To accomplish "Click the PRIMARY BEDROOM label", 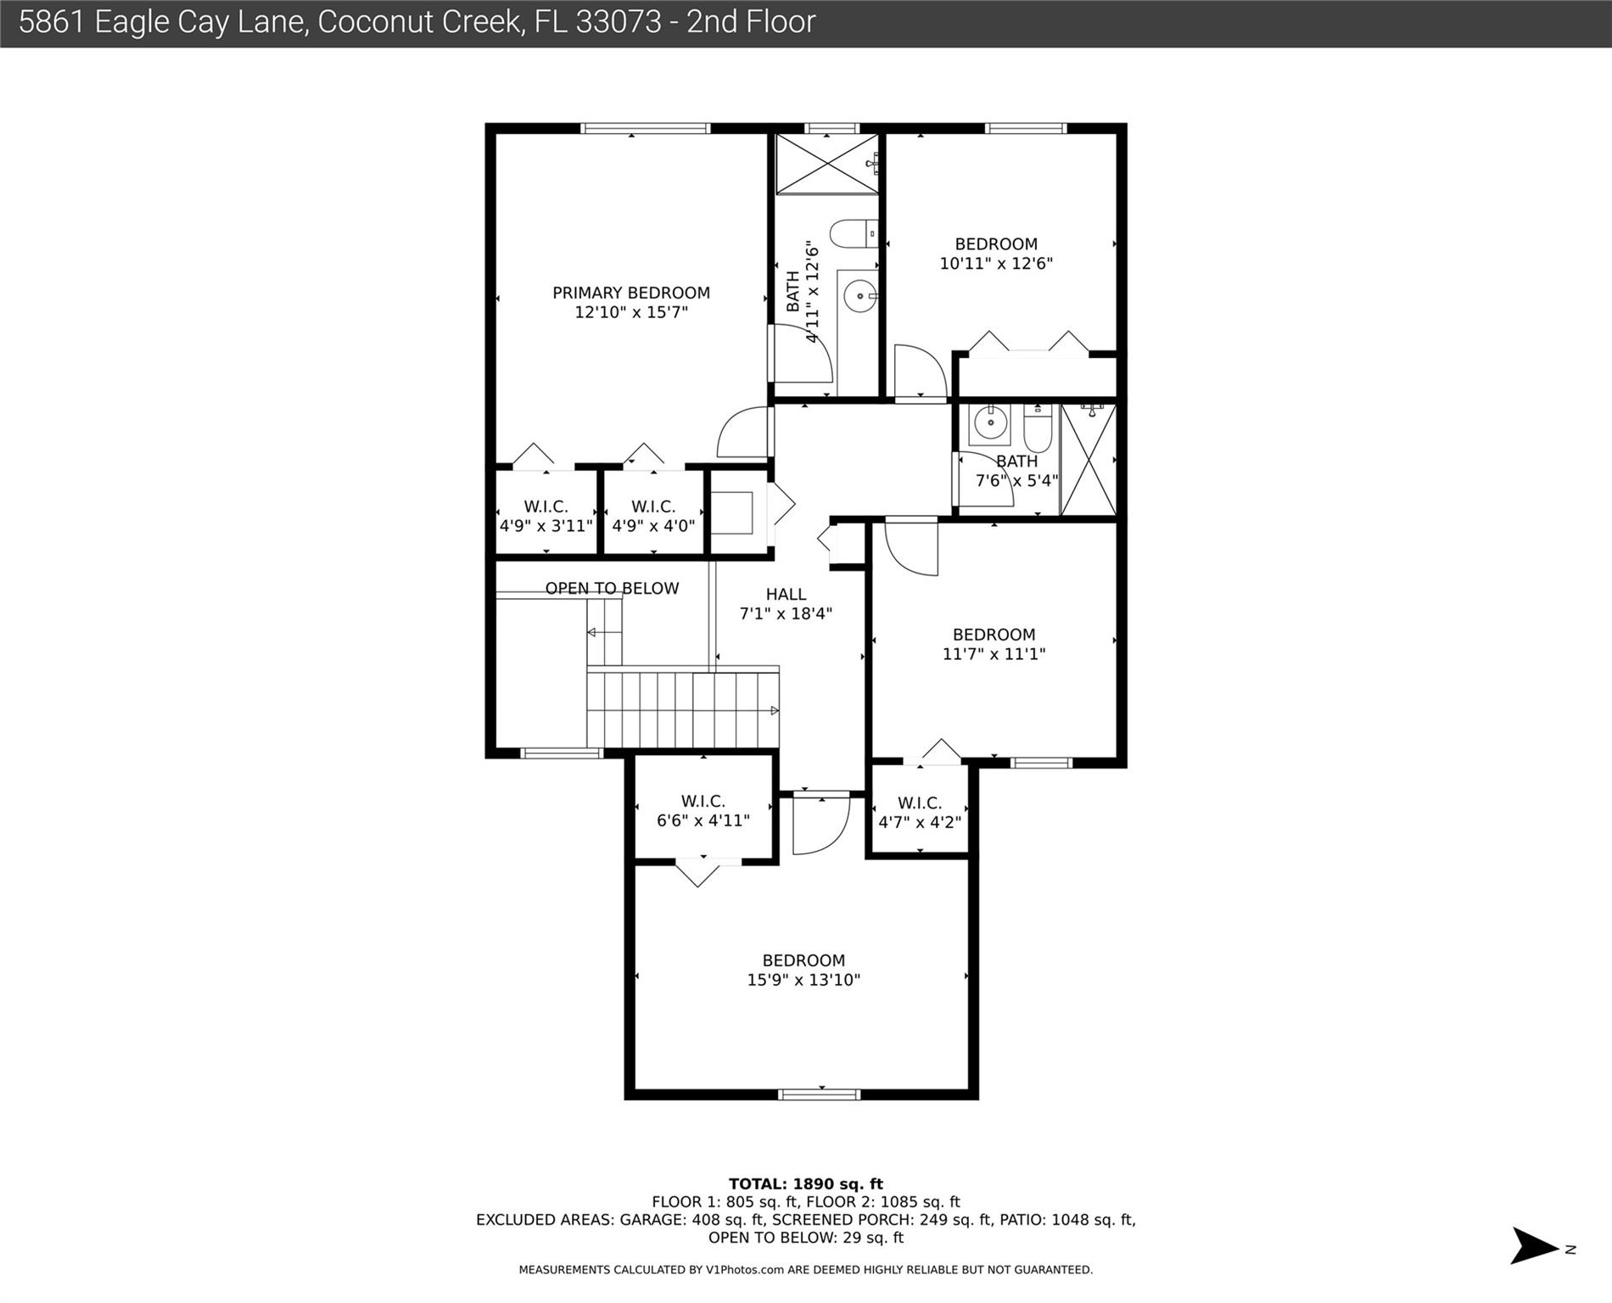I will tap(630, 293).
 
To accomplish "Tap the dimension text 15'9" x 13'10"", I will tap(803, 980).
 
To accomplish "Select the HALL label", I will tap(786, 594).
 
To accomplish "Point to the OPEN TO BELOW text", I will tap(612, 588).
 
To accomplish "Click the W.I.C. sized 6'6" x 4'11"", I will tap(702, 811).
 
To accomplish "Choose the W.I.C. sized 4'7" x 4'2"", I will tap(919, 813).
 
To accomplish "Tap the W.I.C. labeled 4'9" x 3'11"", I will tap(546, 516).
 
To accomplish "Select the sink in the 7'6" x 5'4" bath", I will tap(989, 422).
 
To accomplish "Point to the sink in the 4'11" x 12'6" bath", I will tap(859, 296).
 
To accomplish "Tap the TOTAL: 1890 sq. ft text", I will tap(805, 1183).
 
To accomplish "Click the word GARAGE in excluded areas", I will tap(654, 1220).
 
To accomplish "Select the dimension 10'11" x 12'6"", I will tap(995, 264).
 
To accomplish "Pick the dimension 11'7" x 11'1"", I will tap(994, 654).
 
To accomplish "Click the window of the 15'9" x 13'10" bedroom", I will tap(819, 1093).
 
